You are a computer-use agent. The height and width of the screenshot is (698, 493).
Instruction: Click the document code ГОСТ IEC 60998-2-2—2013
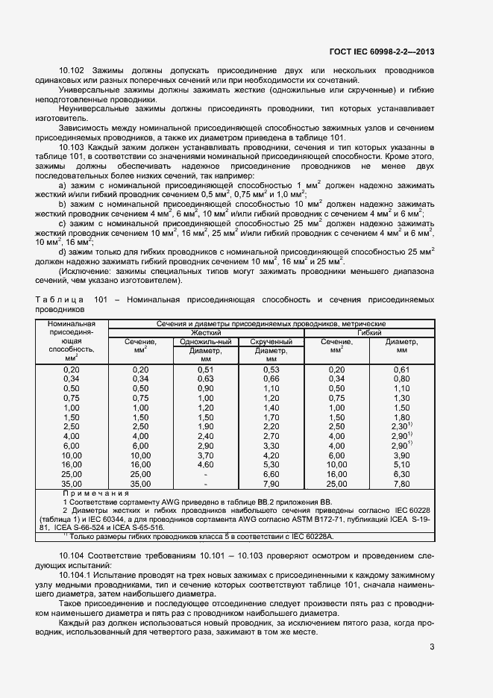[x=382, y=52]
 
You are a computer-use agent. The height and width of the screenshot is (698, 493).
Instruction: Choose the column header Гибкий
[x=370, y=332]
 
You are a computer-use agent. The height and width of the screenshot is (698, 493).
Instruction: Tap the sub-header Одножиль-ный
[x=206, y=341]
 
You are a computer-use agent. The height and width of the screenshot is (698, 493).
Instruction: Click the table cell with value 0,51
[x=206, y=370]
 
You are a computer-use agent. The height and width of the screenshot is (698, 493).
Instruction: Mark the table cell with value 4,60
[x=206, y=465]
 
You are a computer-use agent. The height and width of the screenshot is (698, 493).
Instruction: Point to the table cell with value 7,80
[x=401, y=484]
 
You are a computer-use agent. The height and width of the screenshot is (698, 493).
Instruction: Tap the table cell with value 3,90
[x=401, y=455]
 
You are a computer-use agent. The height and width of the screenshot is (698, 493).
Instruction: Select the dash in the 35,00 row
[x=206, y=484]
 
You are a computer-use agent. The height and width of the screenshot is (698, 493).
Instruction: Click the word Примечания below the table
[x=96, y=493]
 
